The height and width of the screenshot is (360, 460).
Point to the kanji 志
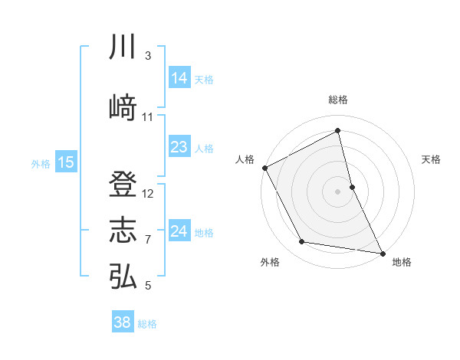(x=123, y=231)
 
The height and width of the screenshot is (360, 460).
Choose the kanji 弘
(x=123, y=275)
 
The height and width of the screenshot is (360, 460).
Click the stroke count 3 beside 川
(x=147, y=56)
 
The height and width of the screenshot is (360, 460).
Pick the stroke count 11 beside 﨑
(x=148, y=117)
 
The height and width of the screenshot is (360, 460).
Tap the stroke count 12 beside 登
(x=148, y=194)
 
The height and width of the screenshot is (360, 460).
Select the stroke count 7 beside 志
(x=147, y=240)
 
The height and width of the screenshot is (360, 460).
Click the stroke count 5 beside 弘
(x=147, y=286)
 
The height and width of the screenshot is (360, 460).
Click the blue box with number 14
(x=179, y=78)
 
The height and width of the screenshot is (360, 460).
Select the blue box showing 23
(x=179, y=147)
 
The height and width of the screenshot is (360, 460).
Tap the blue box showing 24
(x=179, y=231)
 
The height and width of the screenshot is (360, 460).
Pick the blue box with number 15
(x=65, y=162)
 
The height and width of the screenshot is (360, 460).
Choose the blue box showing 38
(x=122, y=322)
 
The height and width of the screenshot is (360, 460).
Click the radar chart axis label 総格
(x=338, y=100)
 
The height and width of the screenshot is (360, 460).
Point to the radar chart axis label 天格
(x=432, y=159)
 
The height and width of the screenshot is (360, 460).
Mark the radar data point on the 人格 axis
(x=264, y=168)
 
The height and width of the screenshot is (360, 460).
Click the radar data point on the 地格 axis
(x=383, y=253)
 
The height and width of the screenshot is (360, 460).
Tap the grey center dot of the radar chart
(x=337, y=191)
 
